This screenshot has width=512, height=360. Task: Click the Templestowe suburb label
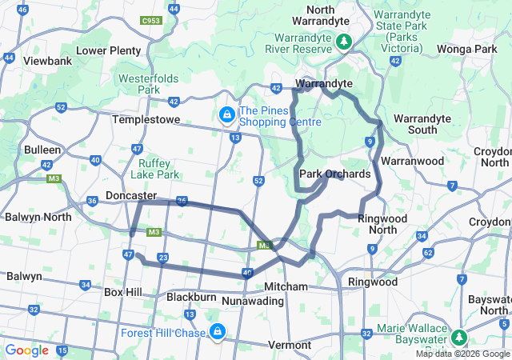point(145,118)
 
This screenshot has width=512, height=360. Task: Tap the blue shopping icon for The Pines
point(227,116)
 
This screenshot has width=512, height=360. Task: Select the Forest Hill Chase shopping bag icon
point(217,331)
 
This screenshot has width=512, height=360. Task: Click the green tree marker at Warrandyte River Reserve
point(344,40)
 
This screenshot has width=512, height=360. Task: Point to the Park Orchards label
point(334,174)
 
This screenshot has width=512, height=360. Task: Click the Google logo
point(26,350)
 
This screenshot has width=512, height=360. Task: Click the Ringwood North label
point(382,224)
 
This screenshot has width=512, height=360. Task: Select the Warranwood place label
point(412,161)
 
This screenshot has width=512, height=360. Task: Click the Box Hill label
point(122,292)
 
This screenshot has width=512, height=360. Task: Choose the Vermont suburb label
point(289,345)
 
